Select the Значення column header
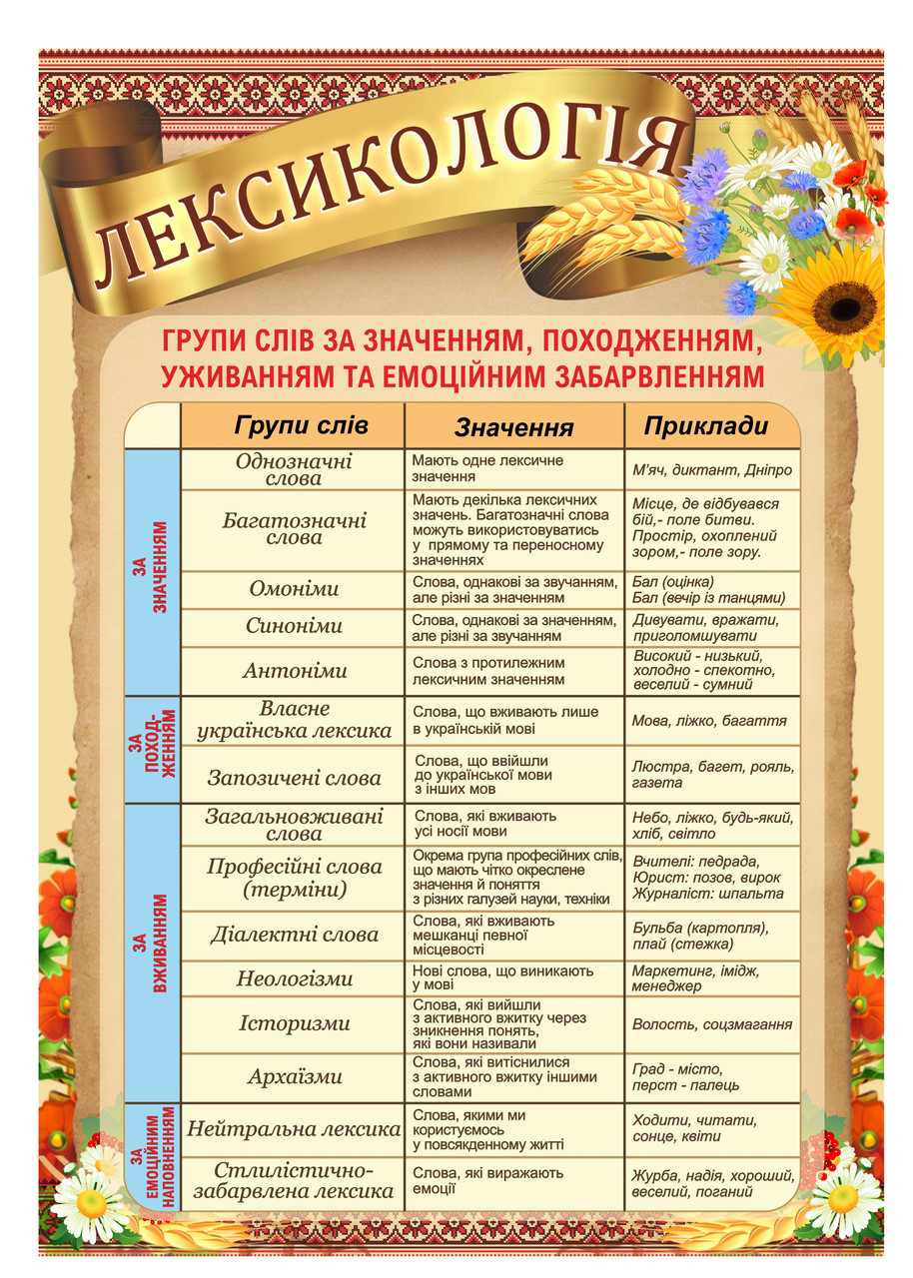click(513, 428)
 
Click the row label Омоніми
click(294, 589)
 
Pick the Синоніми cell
click(294, 627)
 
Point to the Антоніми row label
click(294, 671)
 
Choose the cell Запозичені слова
click(294, 778)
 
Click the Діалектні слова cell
click(294, 936)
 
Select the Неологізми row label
click(294, 978)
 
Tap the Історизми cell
click(294, 1023)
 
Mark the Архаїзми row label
click(294, 1077)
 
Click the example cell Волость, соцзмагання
click(712, 1024)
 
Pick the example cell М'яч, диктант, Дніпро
click(712, 469)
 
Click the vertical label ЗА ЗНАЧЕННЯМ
click(152, 571)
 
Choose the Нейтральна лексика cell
click(294, 1130)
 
